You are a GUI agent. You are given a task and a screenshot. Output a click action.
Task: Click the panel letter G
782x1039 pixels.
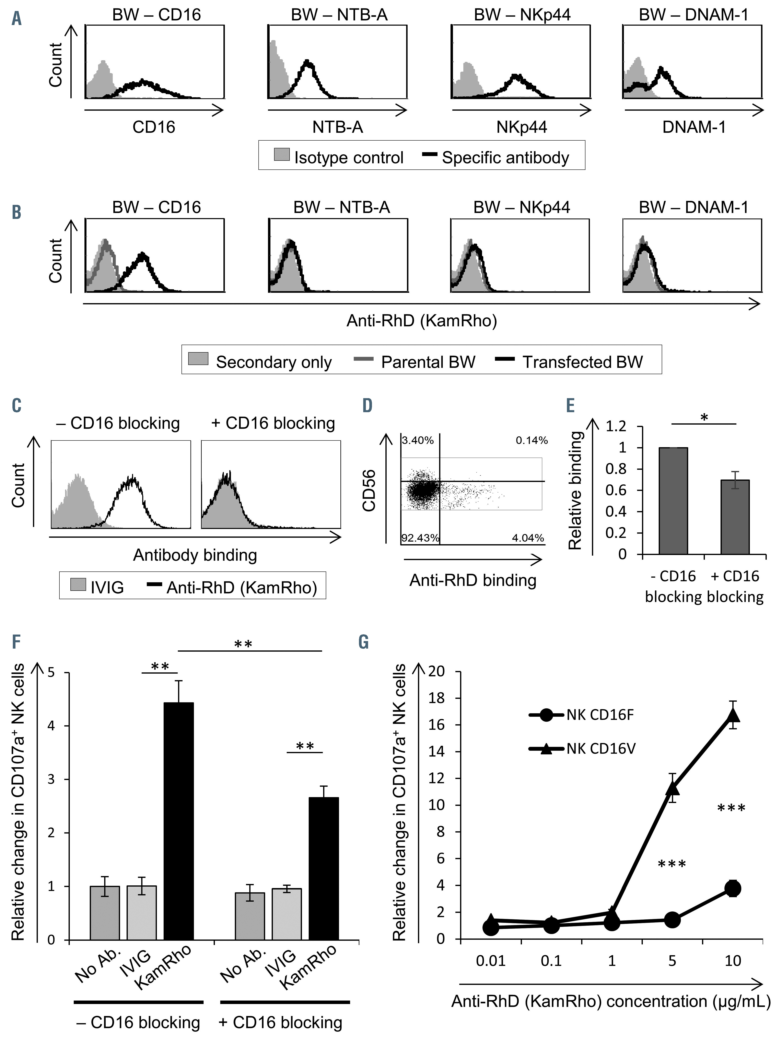point(363,642)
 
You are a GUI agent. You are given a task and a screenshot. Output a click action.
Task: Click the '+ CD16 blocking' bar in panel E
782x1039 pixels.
point(735,517)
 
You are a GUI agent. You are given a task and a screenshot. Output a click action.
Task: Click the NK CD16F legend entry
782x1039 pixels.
point(582,715)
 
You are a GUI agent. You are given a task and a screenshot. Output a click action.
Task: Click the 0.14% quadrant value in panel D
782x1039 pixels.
point(532,441)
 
